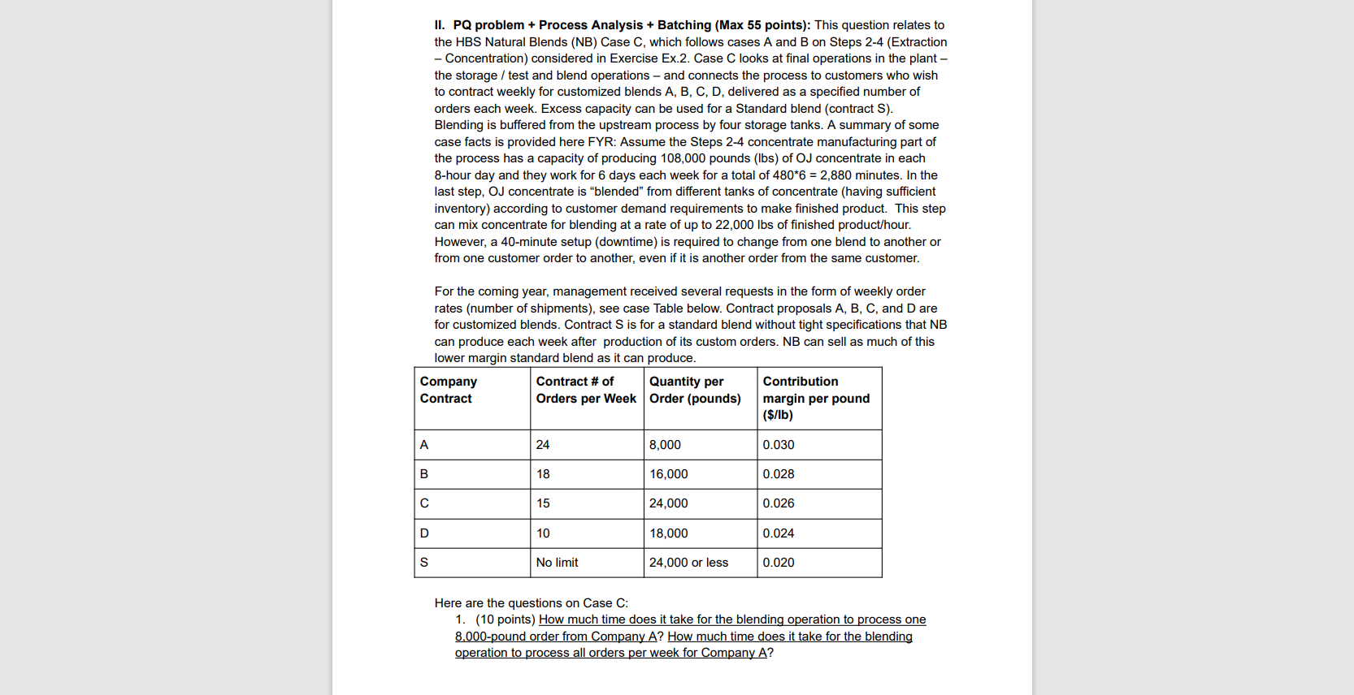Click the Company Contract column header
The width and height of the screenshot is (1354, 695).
[448, 390]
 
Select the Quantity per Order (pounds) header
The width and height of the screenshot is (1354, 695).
[694, 390]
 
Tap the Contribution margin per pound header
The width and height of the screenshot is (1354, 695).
[815, 398]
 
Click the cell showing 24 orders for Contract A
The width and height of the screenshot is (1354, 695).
[543, 445]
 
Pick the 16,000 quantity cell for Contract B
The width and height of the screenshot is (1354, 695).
[668, 474]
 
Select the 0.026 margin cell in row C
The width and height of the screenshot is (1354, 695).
[778, 503]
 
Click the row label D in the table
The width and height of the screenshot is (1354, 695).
[424, 533]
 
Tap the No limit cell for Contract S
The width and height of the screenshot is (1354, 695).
[557, 563]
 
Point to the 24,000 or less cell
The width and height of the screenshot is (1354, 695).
[688, 563]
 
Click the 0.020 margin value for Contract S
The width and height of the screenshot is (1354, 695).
[778, 563]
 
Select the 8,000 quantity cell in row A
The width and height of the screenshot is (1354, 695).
[665, 445]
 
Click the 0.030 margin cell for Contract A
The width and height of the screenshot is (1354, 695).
[778, 445]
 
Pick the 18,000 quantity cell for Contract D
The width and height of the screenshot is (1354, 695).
[668, 533]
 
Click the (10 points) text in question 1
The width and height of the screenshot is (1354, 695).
[506, 619]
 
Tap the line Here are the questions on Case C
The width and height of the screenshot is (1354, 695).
[531, 603]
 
